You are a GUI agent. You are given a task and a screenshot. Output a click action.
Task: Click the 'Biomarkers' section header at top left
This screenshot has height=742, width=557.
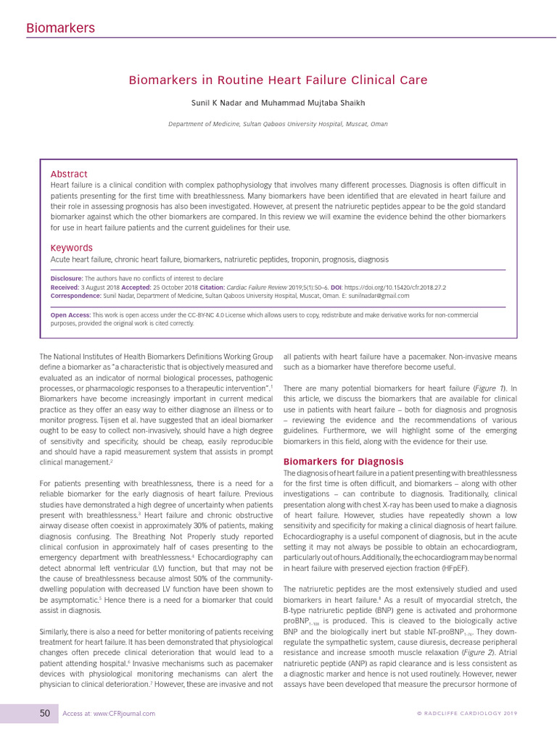coord(60,28)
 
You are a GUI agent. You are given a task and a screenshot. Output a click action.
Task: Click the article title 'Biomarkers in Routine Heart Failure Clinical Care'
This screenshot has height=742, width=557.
coord(278,80)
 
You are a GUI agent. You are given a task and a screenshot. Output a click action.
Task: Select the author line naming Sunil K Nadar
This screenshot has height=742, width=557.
coord(278,103)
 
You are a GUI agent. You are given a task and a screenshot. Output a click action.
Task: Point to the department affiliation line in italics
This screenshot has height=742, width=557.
coord(278,124)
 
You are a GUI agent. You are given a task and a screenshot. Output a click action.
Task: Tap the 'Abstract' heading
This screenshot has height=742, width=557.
coord(69,174)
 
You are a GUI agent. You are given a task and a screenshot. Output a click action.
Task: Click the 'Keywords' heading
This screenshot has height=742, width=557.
coord(71,248)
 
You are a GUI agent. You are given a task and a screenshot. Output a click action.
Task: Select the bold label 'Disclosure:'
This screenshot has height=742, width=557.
coord(67,278)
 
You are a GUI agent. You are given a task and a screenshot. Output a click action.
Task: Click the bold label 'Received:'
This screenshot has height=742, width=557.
coord(65,287)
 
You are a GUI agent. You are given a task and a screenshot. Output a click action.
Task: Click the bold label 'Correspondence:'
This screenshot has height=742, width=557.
coord(75,296)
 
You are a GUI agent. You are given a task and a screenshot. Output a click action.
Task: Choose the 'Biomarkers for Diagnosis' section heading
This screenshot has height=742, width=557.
coord(343,462)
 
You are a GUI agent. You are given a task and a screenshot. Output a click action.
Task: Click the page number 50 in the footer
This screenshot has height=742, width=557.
coord(45,714)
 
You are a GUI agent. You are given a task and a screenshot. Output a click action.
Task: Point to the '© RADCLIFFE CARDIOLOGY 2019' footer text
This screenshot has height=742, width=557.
coord(467,714)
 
